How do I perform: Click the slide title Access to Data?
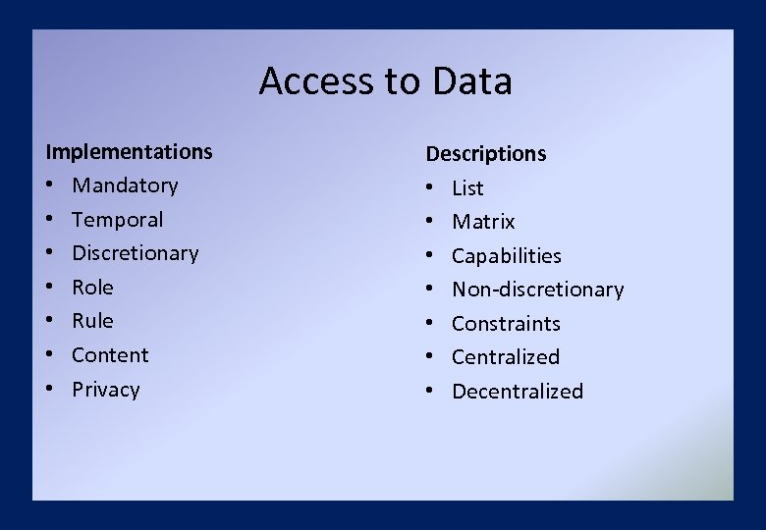pyautogui.click(x=385, y=80)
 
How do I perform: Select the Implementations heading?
pyautogui.click(x=129, y=151)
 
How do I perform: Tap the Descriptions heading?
pyautogui.click(x=485, y=153)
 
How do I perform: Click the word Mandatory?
pyautogui.click(x=125, y=185)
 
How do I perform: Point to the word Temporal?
pyautogui.click(x=117, y=219)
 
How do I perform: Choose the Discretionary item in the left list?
pyautogui.click(x=135, y=253)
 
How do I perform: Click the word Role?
pyautogui.click(x=92, y=288)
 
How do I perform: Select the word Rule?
pyautogui.click(x=92, y=321)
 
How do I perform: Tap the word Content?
pyautogui.click(x=110, y=355)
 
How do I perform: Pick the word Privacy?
pyautogui.click(x=105, y=390)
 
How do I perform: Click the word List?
pyautogui.click(x=467, y=187)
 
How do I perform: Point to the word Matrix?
pyautogui.click(x=483, y=222)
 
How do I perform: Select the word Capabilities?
pyautogui.click(x=506, y=256)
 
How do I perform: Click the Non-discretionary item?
pyautogui.click(x=537, y=290)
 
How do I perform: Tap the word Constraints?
pyautogui.click(x=506, y=324)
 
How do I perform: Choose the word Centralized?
pyautogui.click(x=505, y=357)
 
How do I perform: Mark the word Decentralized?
pyautogui.click(x=517, y=392)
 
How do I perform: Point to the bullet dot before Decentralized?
pyautogui.click(x=430, y=392)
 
